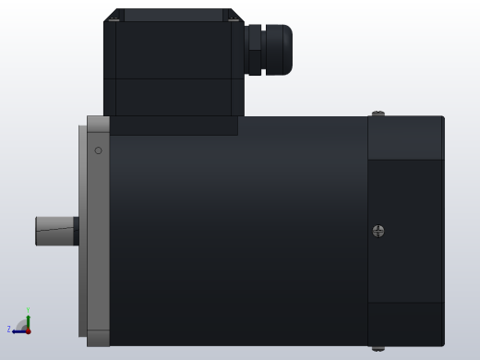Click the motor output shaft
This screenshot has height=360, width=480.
[54, 231]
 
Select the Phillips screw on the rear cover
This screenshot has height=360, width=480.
[378, 231]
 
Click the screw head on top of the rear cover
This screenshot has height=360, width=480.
[378, 114]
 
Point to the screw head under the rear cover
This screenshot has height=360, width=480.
[378, 348]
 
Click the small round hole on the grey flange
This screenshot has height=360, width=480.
[99, 150]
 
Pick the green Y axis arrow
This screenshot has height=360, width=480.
[28, 318]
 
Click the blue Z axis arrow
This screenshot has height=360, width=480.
[18, 330]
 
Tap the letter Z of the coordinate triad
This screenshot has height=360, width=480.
[9, 330]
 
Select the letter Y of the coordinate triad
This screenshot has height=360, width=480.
[29, 310]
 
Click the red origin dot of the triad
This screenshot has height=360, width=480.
[28, 330]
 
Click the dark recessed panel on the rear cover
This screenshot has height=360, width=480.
[405, 231]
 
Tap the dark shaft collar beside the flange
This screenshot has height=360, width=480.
[76, 231]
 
